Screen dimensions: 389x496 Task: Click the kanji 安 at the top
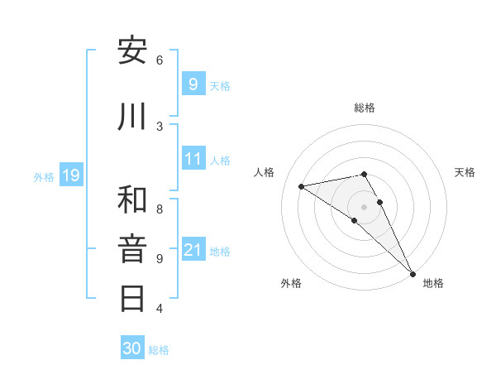[x=132, y=51]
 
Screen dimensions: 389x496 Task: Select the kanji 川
[x=132, y=117]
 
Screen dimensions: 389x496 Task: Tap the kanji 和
[x=132, y=199]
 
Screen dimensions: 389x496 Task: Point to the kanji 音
[x=132, y=249]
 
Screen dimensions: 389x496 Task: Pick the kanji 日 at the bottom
[x=132, y=298]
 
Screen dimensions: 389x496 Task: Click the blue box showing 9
[x=193, y=84]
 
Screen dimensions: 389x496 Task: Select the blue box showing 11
[x=193, y=158]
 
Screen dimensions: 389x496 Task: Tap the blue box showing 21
[x=193, y=249]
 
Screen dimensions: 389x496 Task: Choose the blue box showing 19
[x=71, y=175]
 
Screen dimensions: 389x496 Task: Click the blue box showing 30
[x=132, y=348]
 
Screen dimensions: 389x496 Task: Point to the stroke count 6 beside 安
[x=160, y=60]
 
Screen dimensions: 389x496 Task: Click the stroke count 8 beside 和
[x=160, y=209]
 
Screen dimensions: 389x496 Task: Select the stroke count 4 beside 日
[x=160, y=309]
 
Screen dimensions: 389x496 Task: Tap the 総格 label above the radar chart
[x=365, y=108]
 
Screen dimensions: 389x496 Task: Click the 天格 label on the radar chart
[x=465, y=172]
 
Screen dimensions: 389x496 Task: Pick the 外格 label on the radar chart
[x=291, y=283]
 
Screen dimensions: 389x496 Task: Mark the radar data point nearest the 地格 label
[x=413, y=273]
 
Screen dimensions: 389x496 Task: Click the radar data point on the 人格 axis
[x=302, y=186]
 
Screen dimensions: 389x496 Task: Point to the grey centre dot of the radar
[x=365, y=206]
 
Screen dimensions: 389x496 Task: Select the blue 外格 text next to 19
[x=44, y=176]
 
